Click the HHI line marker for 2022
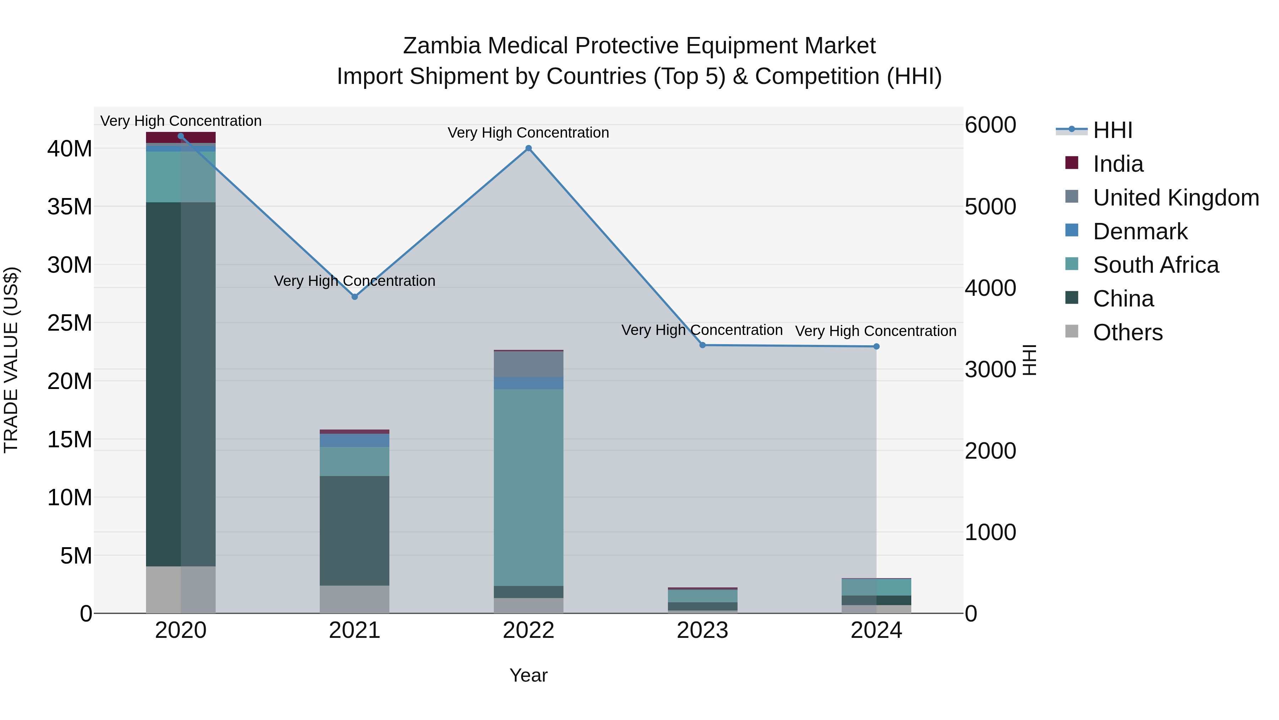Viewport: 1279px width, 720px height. coord(528,148)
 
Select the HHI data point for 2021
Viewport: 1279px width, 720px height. coord(355,297)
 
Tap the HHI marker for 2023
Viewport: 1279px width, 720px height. coord(702,345)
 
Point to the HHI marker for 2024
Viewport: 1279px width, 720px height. coord(876,346)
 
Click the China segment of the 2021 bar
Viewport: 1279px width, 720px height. coord(355,531)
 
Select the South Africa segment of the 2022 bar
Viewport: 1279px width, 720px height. coord(528,487)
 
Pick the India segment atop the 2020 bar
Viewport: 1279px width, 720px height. coord(181,138)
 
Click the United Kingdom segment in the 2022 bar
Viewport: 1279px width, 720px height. coord(528,364)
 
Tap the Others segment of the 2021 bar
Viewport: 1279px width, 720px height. coord(355,599)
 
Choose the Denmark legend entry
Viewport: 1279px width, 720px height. coord(1140,231)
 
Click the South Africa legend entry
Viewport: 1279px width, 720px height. coord(1155,265)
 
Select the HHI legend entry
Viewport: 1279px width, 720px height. coord(1112,130)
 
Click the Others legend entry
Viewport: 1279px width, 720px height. coord(1128,332)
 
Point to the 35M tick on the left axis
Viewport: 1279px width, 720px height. coord(70,207)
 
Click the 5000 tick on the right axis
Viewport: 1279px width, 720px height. coord(990,207)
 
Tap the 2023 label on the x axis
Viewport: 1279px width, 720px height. coord(702,630)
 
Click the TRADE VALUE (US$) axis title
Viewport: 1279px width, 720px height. coord(11,360)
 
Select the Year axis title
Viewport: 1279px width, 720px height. coord(528,675)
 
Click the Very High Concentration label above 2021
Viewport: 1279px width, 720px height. coord(355,281)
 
